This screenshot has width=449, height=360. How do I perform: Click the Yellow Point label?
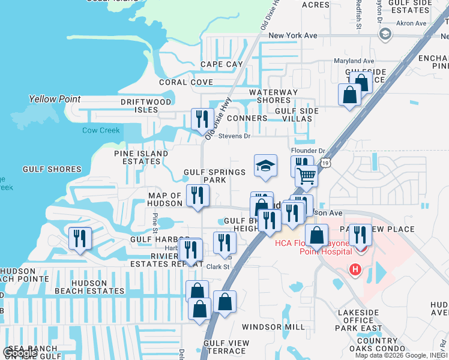tap(50, 99)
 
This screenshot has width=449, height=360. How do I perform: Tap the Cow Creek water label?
tap(101, 130)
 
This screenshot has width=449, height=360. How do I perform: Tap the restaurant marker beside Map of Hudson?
tap(197, 196)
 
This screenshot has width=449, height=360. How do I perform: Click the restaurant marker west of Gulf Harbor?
tap(80, 239)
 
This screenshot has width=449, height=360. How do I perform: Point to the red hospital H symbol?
tap(355, 269)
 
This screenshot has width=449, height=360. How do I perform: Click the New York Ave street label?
tap(293, 36)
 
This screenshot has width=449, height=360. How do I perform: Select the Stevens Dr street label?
tap(234, 136)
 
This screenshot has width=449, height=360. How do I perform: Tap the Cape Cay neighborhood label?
tap(221, 64)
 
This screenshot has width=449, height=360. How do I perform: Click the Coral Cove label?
tap(185, 82)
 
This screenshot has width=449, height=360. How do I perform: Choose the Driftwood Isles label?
tap(146, 106)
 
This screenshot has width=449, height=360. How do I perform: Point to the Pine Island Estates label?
tap(141, 157)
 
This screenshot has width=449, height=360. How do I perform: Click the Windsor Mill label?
tap(274, 327)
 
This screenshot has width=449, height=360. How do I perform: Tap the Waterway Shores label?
tap(274, 96)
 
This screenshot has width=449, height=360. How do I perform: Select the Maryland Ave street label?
tap(354, 61)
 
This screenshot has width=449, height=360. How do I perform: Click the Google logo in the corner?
tap(20, 353)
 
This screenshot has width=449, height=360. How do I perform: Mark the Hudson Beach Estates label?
tap(89, 286)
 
